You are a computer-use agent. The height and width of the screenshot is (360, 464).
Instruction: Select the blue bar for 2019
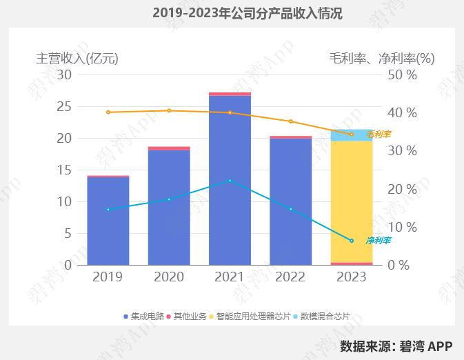[108, 221]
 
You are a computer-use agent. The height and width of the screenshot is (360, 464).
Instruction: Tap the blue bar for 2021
[230, 179]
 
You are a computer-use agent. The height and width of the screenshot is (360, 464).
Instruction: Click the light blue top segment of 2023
[352, 135]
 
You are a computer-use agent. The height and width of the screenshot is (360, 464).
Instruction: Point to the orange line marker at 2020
[169, 110]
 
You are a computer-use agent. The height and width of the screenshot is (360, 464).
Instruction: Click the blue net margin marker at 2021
[230, 181]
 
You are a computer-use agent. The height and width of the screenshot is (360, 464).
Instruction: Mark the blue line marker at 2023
[352, 241]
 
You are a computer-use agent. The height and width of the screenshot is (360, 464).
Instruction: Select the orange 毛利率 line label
[379, 134]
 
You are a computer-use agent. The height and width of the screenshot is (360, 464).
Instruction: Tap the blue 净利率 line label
[378, 241]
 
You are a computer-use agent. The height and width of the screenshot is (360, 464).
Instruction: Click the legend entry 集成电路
[147, 317]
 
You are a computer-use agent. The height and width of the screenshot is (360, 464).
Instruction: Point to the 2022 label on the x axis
[290, 277]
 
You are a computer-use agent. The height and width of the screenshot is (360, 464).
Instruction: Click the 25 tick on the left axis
[63, 106]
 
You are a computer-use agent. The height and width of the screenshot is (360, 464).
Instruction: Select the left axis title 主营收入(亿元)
[77, 59]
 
